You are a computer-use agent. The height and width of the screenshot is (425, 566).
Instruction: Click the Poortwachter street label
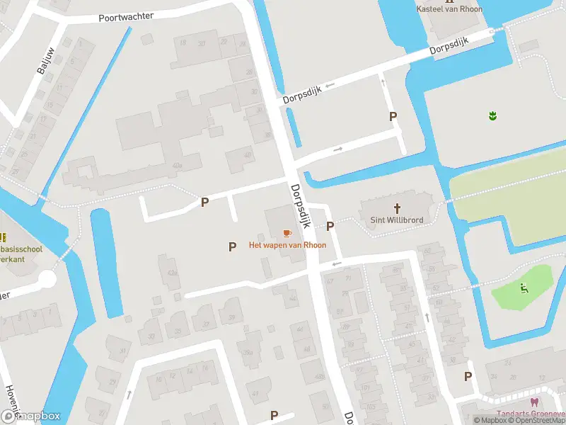127,17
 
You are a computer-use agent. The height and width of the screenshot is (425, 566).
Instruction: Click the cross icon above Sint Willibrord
398,208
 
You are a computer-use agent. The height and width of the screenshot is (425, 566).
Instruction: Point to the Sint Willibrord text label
398,220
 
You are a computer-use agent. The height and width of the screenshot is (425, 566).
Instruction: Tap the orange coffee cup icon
287,233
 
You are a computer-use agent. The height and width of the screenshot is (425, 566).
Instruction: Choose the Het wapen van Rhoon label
287,245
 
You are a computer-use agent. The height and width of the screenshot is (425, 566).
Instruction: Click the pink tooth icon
534,402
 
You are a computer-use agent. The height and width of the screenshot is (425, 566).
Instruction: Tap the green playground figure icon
524,288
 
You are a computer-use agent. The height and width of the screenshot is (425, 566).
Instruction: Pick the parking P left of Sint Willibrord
330,227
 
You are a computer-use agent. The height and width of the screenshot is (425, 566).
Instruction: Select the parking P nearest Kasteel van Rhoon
393,117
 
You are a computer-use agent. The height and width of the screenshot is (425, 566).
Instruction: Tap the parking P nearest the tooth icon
468,377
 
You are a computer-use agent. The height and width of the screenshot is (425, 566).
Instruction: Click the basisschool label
22,249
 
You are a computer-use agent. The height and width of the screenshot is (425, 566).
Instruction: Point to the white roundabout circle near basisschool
47,279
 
